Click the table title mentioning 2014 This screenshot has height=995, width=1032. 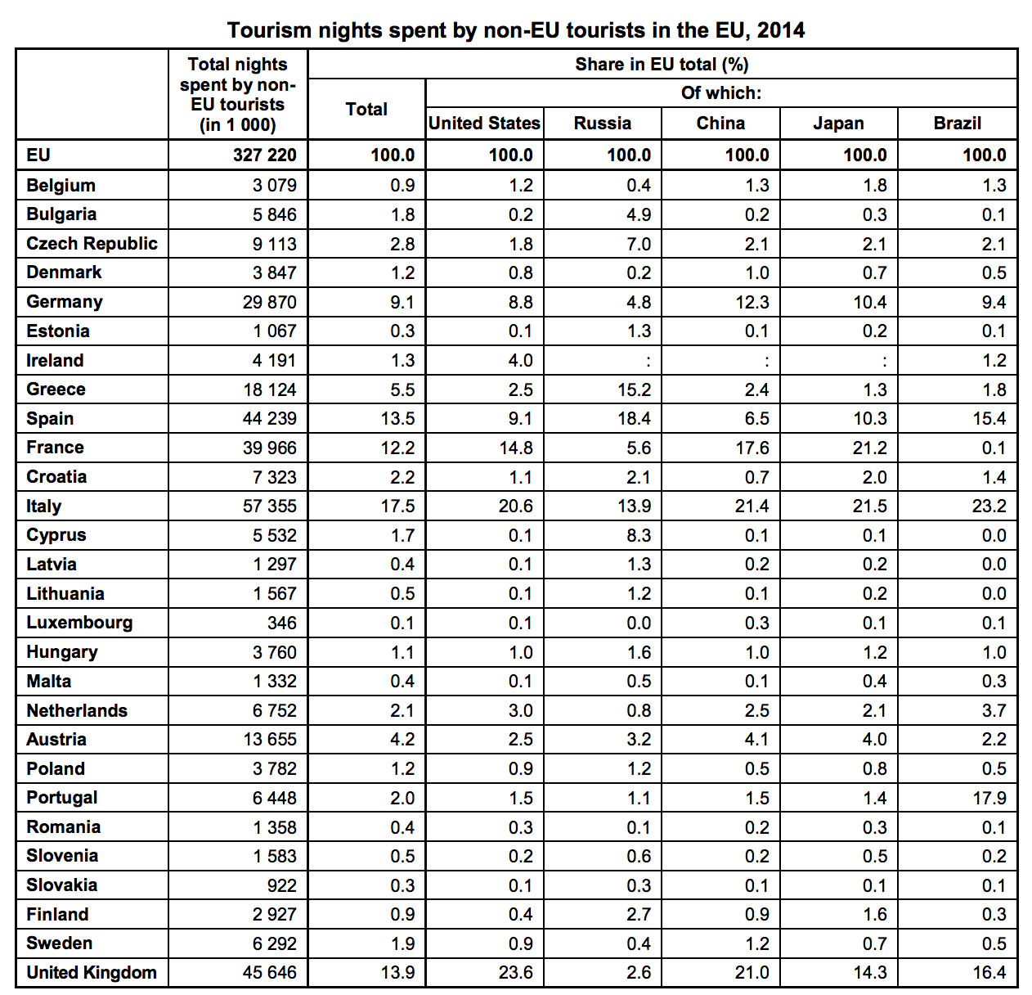point(515,29)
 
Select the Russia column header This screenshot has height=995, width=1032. point(603,123)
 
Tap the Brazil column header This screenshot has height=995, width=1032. point(958,123)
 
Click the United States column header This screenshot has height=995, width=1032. point(484,123)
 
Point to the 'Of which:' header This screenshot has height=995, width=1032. point(721,92)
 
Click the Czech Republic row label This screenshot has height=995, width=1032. point(92,244)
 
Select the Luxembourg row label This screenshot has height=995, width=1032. point(79,623)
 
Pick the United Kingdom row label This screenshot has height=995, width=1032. point(92,972)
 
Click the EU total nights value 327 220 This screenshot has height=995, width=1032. point(265,155)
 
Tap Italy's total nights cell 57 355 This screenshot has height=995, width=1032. point(269,506)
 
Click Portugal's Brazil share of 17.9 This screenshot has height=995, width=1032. point(989,798)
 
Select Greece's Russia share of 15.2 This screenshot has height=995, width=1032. point(635,389)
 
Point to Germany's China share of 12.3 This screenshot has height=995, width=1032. point(752,302)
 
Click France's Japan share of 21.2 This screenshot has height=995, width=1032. point(870,448)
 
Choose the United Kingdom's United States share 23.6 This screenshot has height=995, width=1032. point(515,972)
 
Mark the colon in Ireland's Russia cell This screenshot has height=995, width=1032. point(648,362)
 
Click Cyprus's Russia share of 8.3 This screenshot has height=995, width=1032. point(639,535)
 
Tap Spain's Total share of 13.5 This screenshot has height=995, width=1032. point(397,418)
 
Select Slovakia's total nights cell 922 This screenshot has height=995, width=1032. point(281,885)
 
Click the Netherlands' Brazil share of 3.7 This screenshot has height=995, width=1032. point(994,710)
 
